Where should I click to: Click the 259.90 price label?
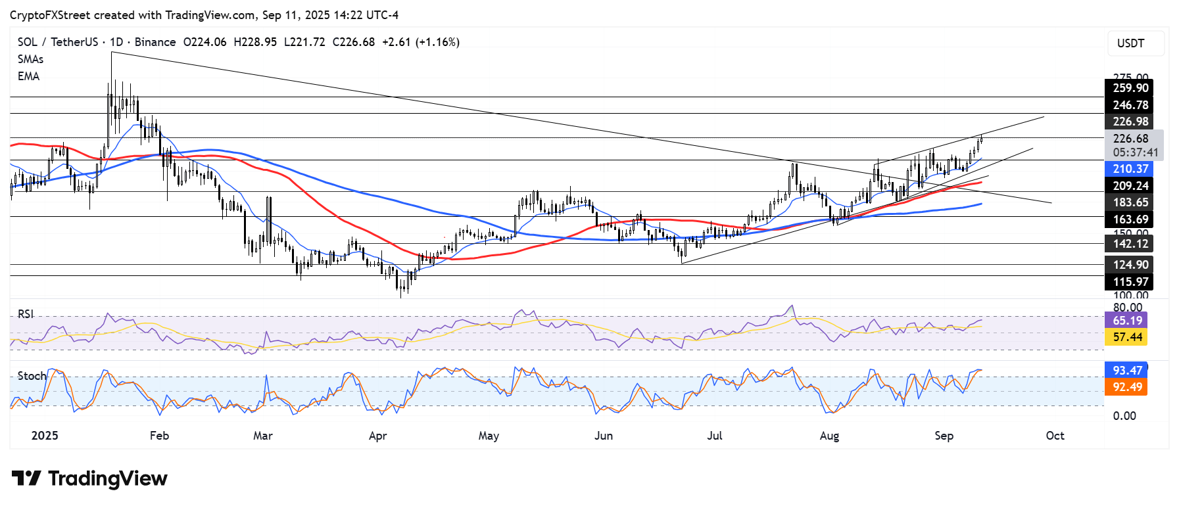click(1130, 88)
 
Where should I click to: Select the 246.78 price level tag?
click(1130, 105)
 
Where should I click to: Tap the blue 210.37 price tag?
click(1130, 169)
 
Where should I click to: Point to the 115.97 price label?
click(1130, 282)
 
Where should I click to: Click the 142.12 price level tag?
click(1130, 244)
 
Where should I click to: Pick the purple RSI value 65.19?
click(1127, 321)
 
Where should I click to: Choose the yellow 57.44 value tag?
click(1127, 337)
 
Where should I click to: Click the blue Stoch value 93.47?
click(1127, 371)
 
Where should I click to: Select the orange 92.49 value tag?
click(1127, 387)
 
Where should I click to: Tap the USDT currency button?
click(1130, 43)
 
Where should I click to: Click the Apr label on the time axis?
click(377, 436)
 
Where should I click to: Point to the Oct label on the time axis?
click(1055, 436)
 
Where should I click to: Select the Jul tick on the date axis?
click(714, 436)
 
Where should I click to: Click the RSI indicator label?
click(26, 314)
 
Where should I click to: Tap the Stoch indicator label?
click(32, 376)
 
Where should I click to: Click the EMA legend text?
click(28, 76)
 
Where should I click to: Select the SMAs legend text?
click(30, 59)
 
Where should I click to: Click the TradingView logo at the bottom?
click(89, 478)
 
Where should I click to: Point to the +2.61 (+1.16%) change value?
click(421, 42)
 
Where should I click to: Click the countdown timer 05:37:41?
click(1136, 152)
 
